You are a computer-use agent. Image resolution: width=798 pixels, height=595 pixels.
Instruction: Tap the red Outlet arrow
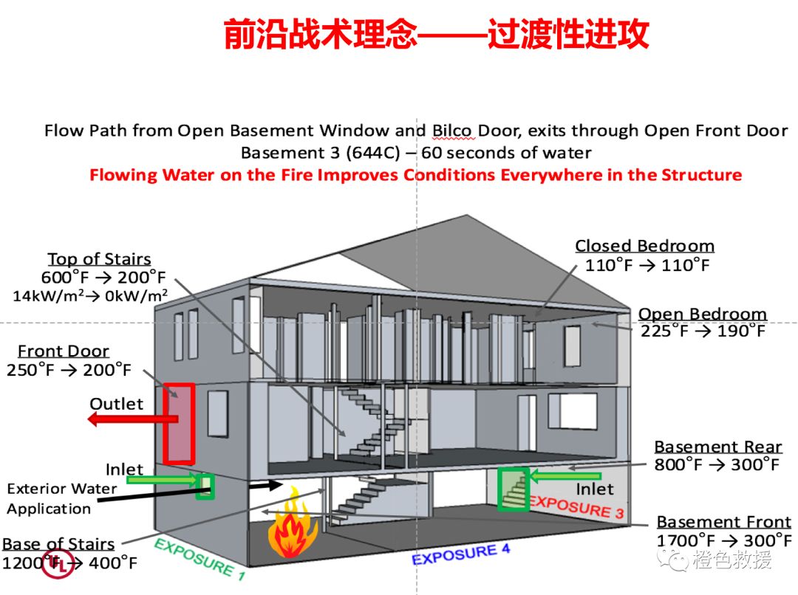pyautogui.click(x=133, y=419)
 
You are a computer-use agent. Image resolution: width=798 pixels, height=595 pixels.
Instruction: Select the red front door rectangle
pyautogui.click(x=179, y=424)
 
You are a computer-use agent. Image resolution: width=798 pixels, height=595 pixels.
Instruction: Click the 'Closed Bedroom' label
pyautogui.click(x=644, y=247)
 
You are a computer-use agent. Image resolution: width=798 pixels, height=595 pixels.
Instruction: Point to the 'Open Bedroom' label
pyautogui.click(x=702, y=314)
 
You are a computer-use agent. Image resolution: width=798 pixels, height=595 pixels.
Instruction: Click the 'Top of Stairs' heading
pyautogui.click(x=99, y=259)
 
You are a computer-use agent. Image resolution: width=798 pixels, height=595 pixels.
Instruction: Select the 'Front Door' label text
pyautogui.click(x=64, y=351)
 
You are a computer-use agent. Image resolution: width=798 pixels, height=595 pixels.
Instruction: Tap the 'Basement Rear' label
pyautogui.click(x=717, y=447)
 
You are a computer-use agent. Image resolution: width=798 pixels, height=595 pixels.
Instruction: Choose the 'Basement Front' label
pyautogui.click(x=723, y=522)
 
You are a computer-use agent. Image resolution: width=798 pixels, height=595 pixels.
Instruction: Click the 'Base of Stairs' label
pyautogui.click(x=58, y=544)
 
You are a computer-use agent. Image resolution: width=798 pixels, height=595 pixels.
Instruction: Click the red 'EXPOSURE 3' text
pyautogui.click(x=576, y=506)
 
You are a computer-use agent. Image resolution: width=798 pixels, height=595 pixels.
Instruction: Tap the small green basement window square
pyautogui.click(x=204, y=486)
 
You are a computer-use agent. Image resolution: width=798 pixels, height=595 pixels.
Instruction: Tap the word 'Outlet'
pyautogui.click(x=116, y=404)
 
